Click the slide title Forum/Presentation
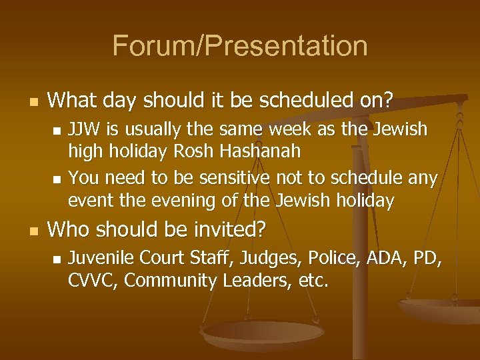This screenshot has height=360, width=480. [240, 46]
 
